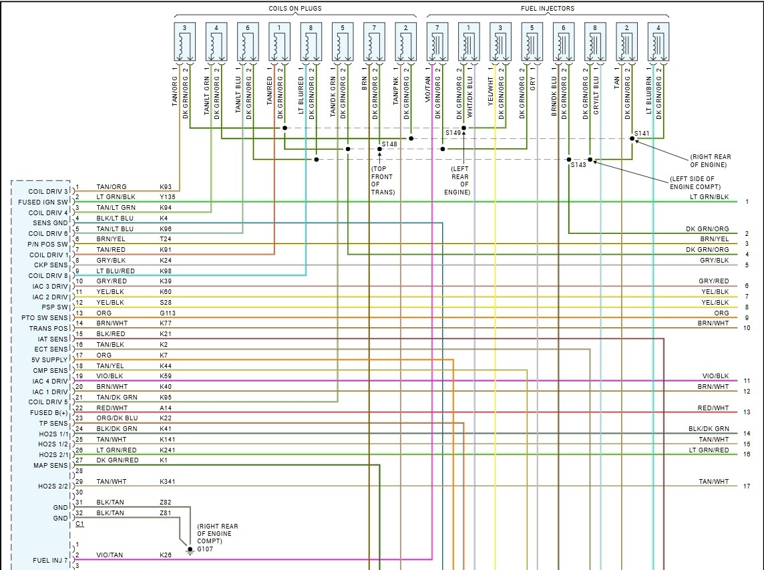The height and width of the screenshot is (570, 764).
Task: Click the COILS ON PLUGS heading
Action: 295,9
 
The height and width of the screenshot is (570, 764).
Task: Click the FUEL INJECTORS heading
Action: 548,9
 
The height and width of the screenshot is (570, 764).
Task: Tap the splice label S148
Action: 389,144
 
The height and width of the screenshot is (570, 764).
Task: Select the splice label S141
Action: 642,133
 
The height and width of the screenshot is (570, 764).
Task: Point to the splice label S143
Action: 578,164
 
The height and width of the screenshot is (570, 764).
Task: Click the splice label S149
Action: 453,133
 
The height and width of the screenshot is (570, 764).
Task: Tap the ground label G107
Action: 204,549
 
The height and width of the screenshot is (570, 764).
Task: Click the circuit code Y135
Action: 168,197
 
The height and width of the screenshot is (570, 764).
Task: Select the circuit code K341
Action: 168,481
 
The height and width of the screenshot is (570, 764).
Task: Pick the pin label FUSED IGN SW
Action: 43,202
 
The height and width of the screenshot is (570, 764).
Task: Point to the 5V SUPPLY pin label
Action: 51,360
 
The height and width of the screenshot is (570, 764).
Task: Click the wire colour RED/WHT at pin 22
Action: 112,408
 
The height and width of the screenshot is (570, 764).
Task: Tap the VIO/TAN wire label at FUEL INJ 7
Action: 110,555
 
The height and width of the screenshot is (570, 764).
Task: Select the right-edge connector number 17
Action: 747,486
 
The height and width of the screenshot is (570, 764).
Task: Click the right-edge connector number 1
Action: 747,202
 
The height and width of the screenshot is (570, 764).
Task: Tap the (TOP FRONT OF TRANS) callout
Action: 383,180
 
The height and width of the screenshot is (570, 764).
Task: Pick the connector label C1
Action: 79,524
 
